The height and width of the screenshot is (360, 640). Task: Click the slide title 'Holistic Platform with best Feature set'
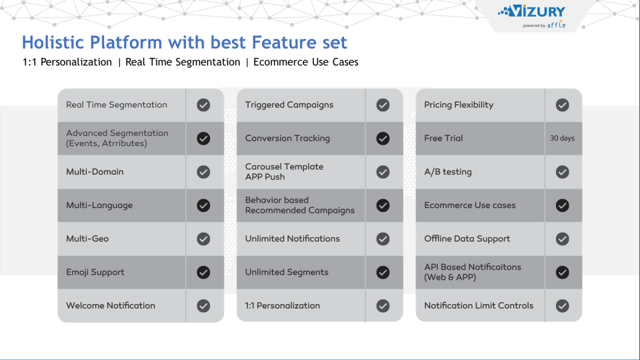[x=184, y=43]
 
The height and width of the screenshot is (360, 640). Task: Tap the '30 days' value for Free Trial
[x=562, y=139]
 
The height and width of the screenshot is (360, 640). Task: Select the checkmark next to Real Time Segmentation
[x=204, y=105]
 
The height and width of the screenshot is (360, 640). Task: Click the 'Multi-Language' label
[x=99, y=205]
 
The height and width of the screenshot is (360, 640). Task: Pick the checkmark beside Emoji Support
[x=204, y=272]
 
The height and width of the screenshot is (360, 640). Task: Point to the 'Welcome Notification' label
[x=111, y=305]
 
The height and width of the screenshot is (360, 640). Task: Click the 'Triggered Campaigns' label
[x=289, y=105]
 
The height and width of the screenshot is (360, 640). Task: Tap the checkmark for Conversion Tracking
[x=383, y=139]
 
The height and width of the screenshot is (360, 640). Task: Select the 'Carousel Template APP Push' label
[x=284, y=171]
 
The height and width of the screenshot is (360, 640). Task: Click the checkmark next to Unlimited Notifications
[x=383, y=239]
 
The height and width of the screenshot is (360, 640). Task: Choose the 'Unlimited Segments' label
[x=287, y=272]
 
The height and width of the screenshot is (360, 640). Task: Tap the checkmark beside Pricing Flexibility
[x=562, y=105]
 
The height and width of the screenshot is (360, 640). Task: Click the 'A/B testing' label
[x=448, y=172]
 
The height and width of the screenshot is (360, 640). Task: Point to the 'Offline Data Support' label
[x=467, y=239]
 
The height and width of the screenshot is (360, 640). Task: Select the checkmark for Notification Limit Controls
[x=562, y=305]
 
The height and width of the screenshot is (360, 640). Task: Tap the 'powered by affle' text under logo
[x=544, y=25]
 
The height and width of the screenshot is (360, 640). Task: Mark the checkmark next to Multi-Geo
[x=204, y=239]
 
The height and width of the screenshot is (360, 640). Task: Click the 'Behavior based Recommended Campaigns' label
[x=300, y=205]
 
